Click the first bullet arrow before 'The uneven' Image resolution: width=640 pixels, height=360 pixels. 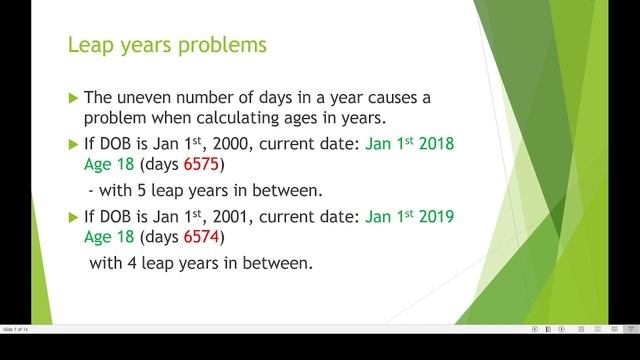72,98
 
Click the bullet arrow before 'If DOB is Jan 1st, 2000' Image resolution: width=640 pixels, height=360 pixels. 72,143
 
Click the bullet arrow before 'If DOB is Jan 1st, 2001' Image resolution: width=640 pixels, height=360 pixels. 72,217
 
